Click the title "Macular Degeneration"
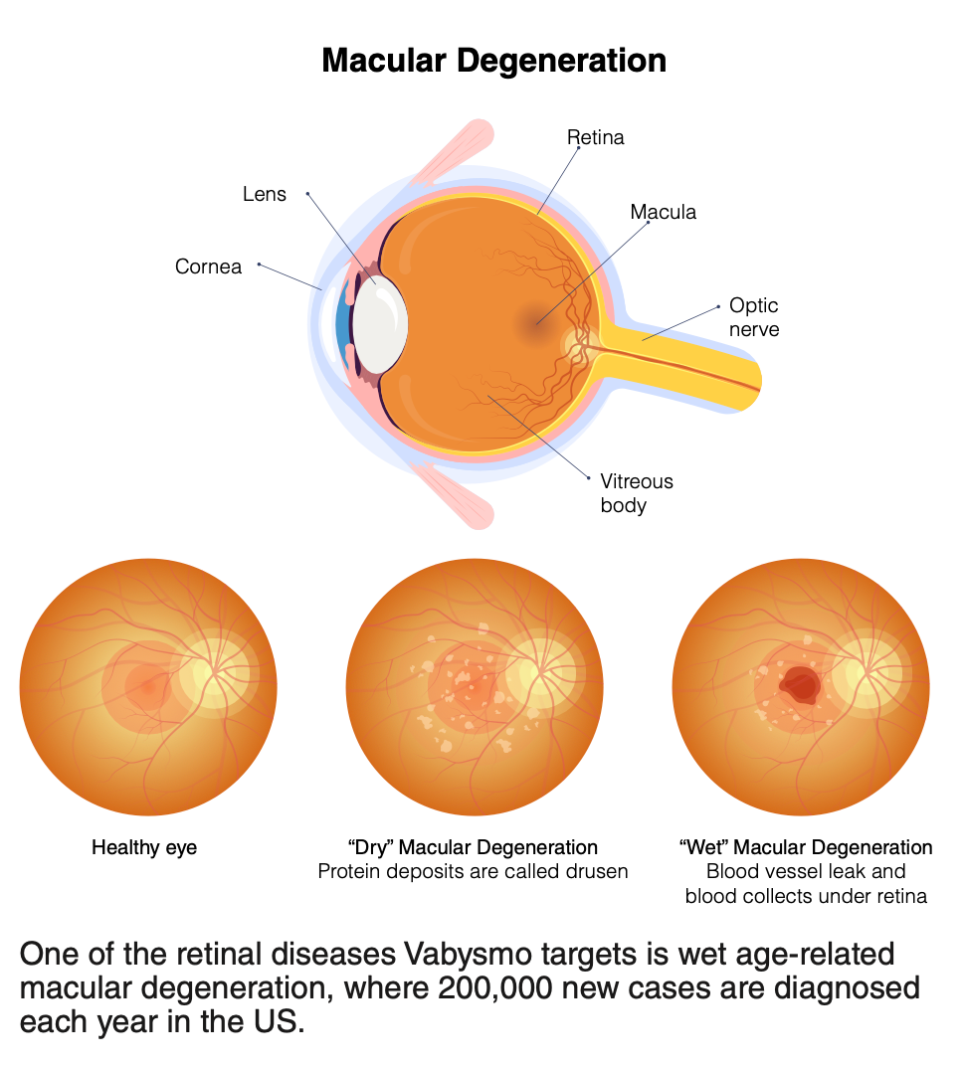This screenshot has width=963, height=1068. [494, 61]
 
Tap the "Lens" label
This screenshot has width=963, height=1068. [265, 194]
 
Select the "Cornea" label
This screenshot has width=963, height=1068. [208, 267]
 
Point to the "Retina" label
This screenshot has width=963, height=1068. [596, 137]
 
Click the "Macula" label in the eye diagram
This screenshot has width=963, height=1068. [663, 212]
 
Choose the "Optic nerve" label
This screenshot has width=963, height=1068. [753, 316]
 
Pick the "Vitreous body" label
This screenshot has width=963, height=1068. [636, 493]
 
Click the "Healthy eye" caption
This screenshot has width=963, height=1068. [144, 848]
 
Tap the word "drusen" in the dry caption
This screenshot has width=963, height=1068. [599, 872]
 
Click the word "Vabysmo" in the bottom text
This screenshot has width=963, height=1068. [473, 955]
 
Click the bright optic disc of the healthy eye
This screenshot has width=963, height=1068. [213, 673]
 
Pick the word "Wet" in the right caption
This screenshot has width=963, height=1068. [701, 848]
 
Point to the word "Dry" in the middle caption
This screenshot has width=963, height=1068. [369, 848]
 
